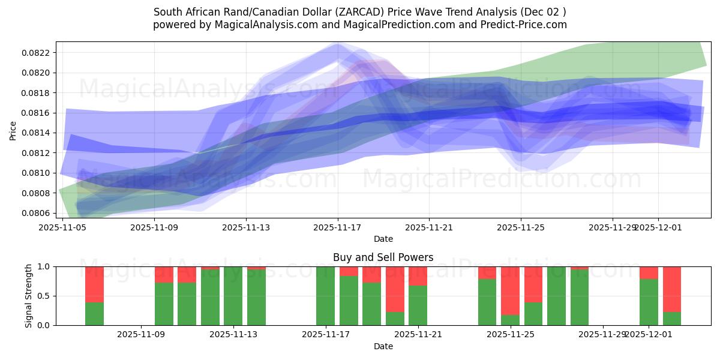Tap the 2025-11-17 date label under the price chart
pyautogui.click(x=337, y=227)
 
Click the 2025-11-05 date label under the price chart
pyautogui.click(x=62, y=227)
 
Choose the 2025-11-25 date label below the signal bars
pyautogui.click(x=510, y=335)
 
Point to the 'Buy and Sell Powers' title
pyautogui.click(x=383, y=257)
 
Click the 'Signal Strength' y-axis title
pyautogui.click(x=29, y=295)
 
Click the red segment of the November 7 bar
pyautogui.click(x=94, y=284)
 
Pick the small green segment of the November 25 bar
pyautogui.click(x=510, y=320)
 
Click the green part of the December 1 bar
pyautogui.click(x=649, y=302)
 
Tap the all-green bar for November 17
pyautogui.click(x=325, y=296)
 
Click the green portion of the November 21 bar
pyautogui.click(x=418, y=305)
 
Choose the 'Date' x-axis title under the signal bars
pyautogui.click(x=383, y=346)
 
